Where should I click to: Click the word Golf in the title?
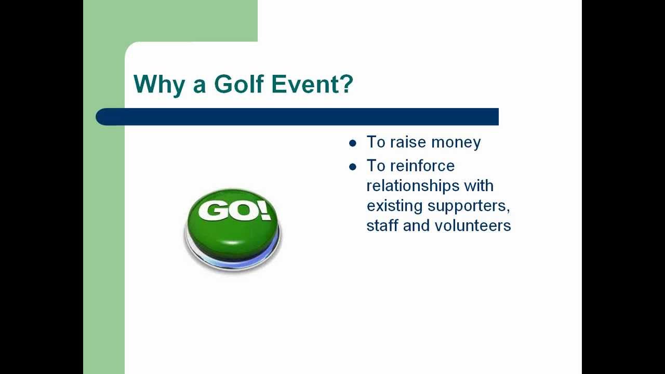coord(238,84)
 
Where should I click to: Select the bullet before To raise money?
coord(353,143)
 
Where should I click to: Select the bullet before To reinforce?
coord(353,167)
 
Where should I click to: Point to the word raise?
coord(408,142)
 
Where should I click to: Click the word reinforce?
coord(422,166)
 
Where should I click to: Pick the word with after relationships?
coord(478,185)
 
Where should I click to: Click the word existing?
coord(395,206)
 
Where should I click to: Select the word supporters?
coord(469,206)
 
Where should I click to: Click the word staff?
coord(380,225)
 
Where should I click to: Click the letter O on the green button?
coord(242,210)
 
